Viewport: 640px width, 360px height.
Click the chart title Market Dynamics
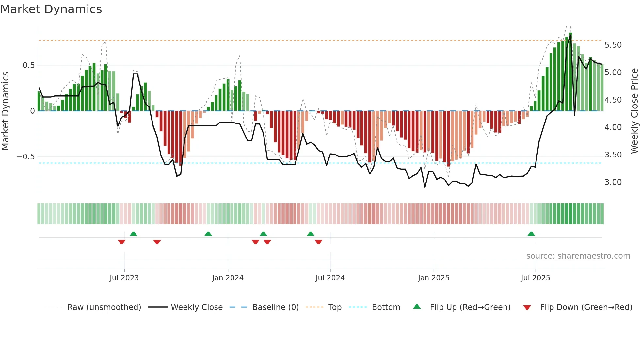(51, 9)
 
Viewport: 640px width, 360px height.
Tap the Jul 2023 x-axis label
(124, 278)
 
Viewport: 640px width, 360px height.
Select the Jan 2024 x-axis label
(228, 278)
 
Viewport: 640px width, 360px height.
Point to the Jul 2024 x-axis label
(330, 278)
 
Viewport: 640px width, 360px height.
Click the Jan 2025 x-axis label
(434, 278)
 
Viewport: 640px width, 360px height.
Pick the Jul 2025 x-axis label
(535, 278)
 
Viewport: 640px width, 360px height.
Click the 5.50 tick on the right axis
(613, 45)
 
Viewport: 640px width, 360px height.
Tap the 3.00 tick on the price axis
(613, 182)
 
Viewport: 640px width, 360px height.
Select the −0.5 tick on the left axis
(25, 157)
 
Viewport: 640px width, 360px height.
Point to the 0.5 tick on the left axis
(28, 65)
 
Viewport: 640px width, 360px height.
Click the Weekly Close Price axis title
(634, 111)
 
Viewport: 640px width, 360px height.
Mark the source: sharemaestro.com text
(578, 256)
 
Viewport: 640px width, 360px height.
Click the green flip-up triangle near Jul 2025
(531, 234)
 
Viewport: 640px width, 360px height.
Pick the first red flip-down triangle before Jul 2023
(121, 242)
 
